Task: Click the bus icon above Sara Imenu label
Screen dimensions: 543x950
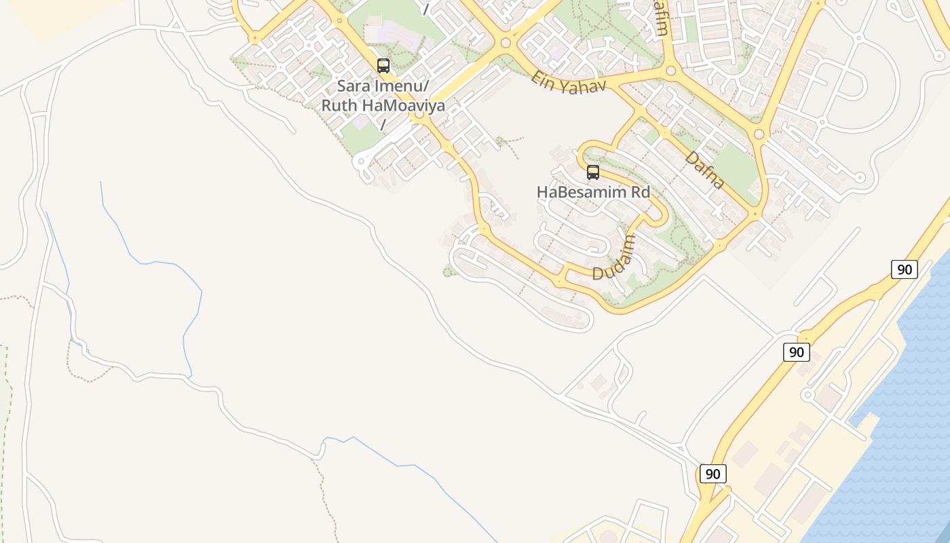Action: (383, 66)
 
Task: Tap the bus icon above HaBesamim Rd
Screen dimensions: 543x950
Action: (593, 172)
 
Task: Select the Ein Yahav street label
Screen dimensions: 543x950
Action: (568, 82)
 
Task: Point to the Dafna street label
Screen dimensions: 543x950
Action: (705, 170)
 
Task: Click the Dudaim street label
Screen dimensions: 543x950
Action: (615, 258)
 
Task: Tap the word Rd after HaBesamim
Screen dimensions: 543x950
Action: (641, 192)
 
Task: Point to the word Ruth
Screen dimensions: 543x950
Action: (339, 106)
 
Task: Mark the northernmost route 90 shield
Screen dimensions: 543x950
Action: (904, 269)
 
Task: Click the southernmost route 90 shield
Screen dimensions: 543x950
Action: (712, 474)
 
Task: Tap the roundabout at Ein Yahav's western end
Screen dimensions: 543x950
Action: (505, 43)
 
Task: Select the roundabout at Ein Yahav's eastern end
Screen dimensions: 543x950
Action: (671, 70)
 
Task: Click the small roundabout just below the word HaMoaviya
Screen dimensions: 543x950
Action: (419, 115)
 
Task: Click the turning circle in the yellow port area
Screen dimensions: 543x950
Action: (807, 394)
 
